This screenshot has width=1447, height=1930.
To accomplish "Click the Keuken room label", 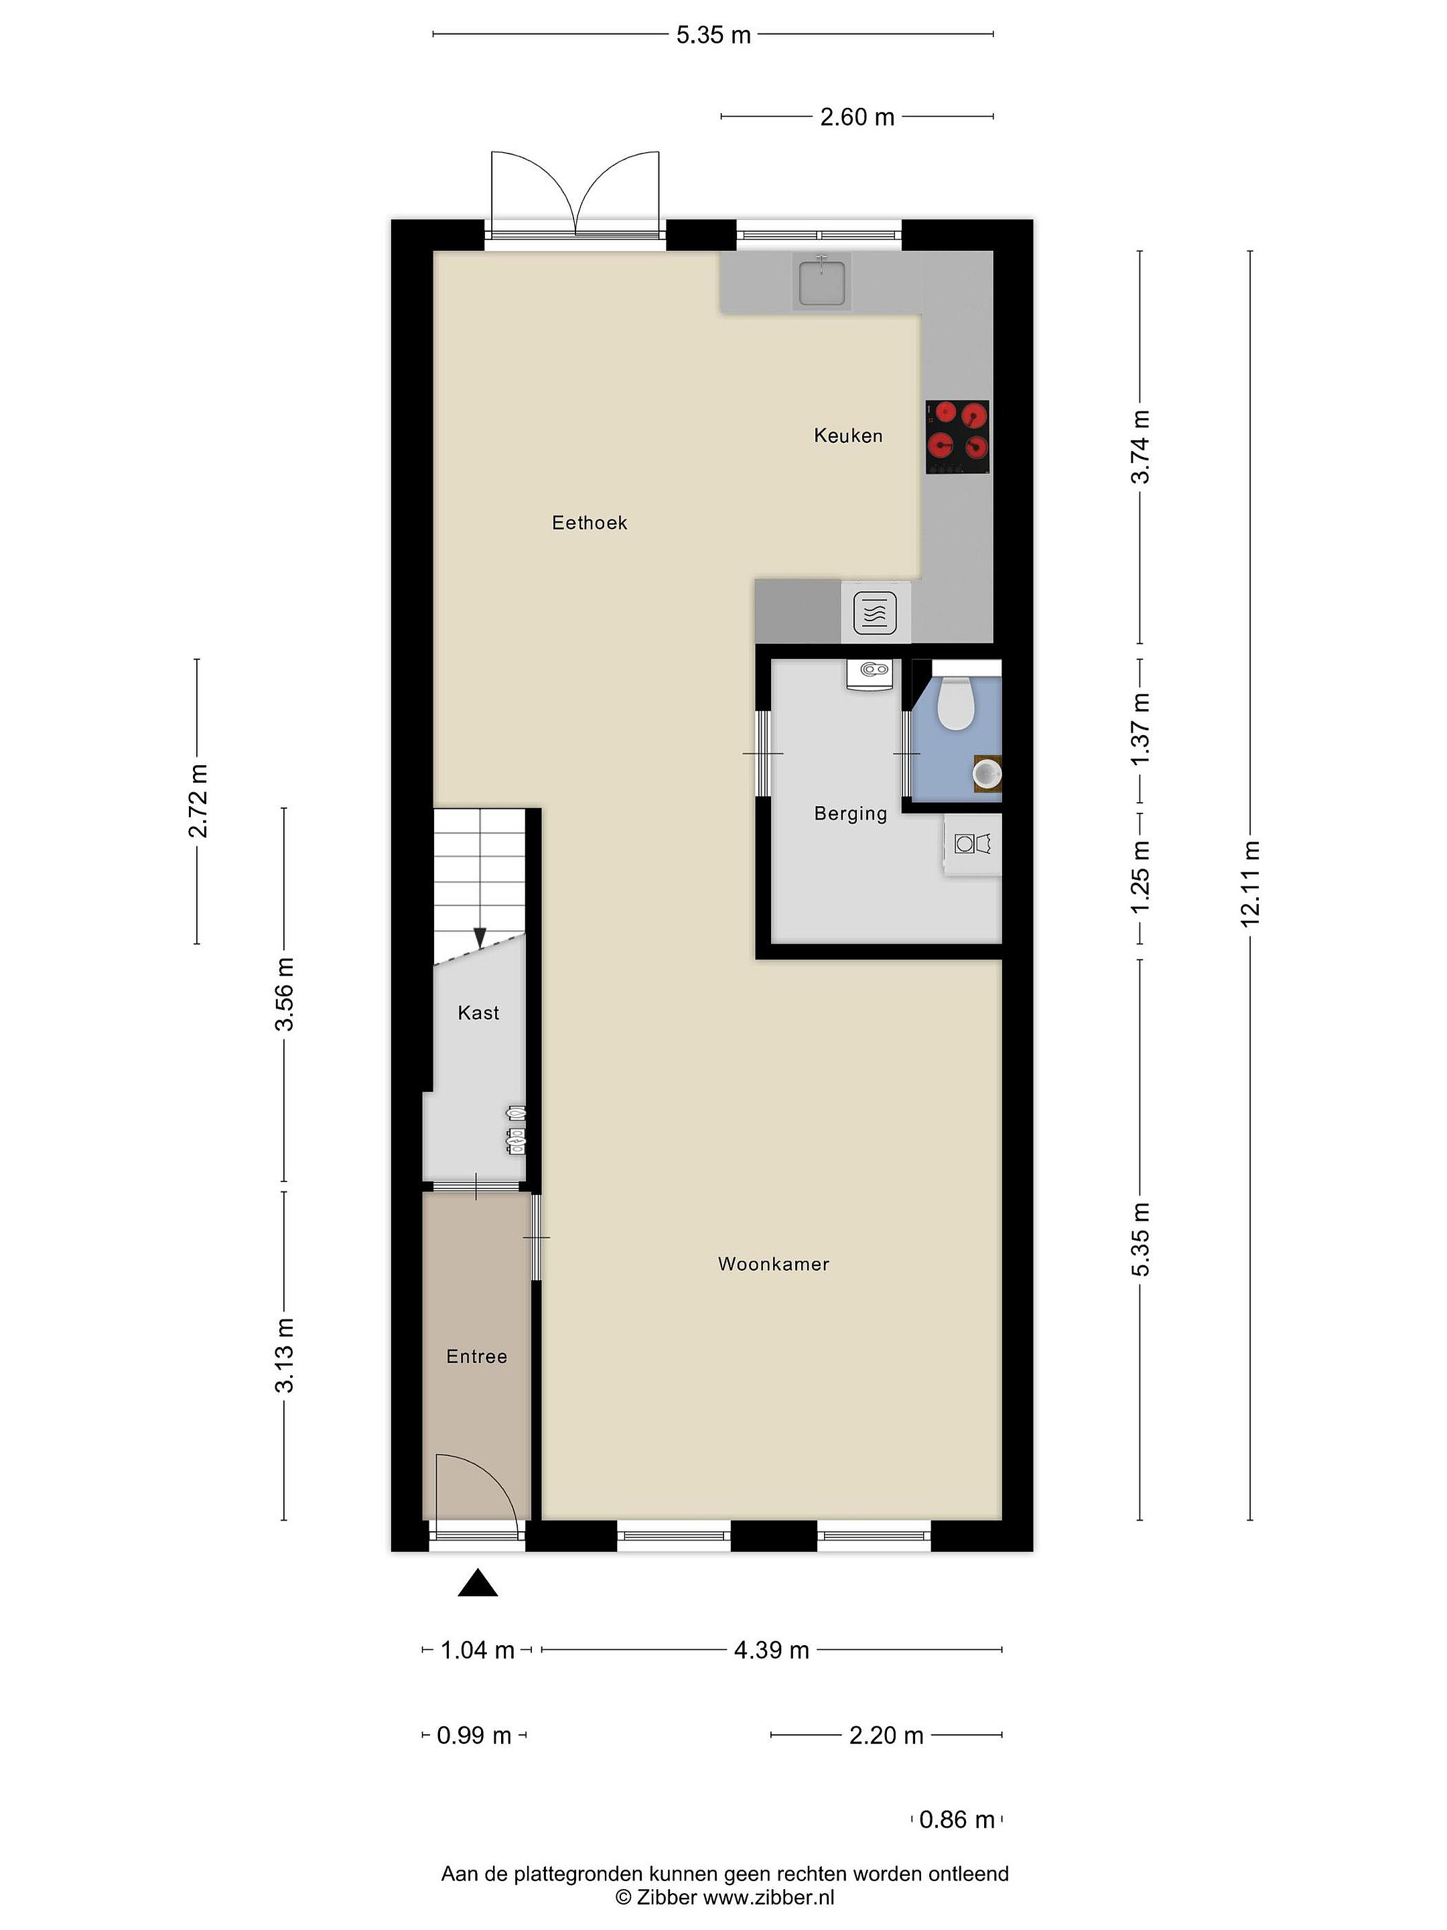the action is pos(848,436).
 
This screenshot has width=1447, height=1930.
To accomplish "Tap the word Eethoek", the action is pos(590,523).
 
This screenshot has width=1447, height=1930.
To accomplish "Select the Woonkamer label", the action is pos(774,1263).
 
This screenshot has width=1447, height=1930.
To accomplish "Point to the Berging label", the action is pos(850,813).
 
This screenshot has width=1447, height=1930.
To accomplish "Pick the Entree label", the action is pos(476,1356).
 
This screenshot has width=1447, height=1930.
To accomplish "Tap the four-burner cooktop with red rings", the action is pos(958,437).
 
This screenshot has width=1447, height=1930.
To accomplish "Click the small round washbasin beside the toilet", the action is pos(987,773).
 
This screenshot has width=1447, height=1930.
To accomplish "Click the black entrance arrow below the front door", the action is pos(478,1583).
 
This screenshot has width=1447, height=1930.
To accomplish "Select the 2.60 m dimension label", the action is pos(857,117).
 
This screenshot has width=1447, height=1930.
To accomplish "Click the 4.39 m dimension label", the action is pos(772,1650).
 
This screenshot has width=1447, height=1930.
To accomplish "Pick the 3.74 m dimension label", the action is pos(1140,447).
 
